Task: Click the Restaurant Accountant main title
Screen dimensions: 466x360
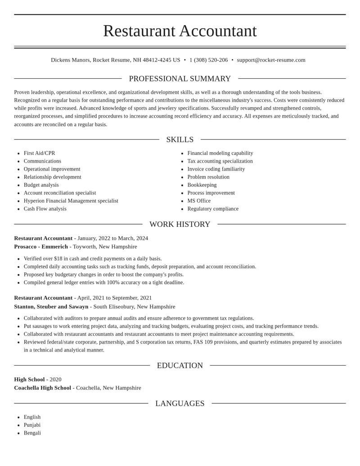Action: pos(180,31)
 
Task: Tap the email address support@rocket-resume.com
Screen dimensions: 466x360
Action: pos(271,60)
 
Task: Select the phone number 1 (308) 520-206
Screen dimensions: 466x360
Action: pos(208,60)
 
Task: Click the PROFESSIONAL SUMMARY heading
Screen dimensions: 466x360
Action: pos(180,79)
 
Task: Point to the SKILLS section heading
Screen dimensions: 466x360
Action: pos(180,140)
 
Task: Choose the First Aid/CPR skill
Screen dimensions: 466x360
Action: pos(39,153)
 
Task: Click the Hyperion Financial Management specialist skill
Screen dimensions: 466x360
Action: pos(71,201)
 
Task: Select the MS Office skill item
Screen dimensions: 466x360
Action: pos(199,201)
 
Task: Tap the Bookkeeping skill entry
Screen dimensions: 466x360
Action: pos(202,185)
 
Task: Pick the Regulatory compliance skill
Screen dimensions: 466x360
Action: pos(213,209)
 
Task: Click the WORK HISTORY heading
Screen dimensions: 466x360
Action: pos(180,224)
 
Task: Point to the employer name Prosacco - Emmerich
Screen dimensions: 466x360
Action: pos(41,247)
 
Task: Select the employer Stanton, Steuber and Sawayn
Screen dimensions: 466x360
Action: pos(51,307)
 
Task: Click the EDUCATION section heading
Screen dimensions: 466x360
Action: pos(180,366)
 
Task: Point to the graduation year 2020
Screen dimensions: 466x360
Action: pos(55,380)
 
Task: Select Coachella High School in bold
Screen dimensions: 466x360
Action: pos(42,388)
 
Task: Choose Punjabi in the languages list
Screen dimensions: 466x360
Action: pos(32,425)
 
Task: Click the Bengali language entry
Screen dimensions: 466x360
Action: pos(32,433)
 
